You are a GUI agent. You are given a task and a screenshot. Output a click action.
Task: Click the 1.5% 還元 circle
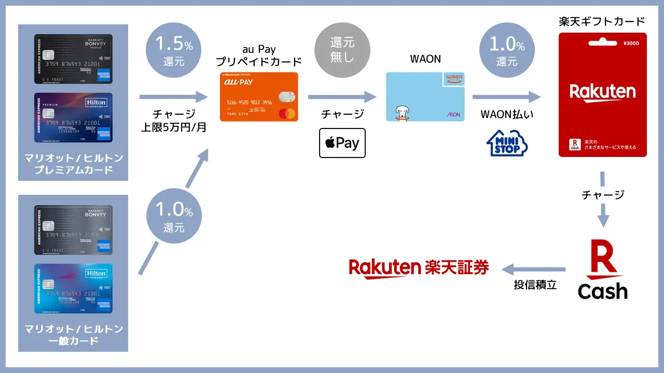point(174,51)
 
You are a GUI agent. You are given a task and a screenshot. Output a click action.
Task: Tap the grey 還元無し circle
point(342,50)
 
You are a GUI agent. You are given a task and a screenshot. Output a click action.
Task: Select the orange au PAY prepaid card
point(259,97)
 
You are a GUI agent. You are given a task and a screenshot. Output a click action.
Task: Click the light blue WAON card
point(425,97)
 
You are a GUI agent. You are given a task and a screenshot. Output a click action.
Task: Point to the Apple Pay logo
point(342,143)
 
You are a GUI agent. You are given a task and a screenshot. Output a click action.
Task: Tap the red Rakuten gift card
point(602,94)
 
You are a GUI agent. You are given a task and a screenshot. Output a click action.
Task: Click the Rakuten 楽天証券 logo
point(419,267)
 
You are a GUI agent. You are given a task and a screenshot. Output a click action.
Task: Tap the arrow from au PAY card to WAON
point(342,97)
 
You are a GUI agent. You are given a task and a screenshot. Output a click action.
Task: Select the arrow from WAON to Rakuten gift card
point(506,97)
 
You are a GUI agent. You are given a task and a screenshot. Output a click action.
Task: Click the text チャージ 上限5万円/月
point(174,121)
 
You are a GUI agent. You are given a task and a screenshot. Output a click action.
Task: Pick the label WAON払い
point(506,114)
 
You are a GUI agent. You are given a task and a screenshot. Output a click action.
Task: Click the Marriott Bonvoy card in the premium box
point(73,59)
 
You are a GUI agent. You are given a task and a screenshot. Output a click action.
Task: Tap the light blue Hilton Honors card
point(73,289)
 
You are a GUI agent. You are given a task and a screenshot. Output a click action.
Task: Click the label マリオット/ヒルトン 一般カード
point(73,335)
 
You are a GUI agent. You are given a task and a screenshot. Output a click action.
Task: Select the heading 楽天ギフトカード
point(602,22)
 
